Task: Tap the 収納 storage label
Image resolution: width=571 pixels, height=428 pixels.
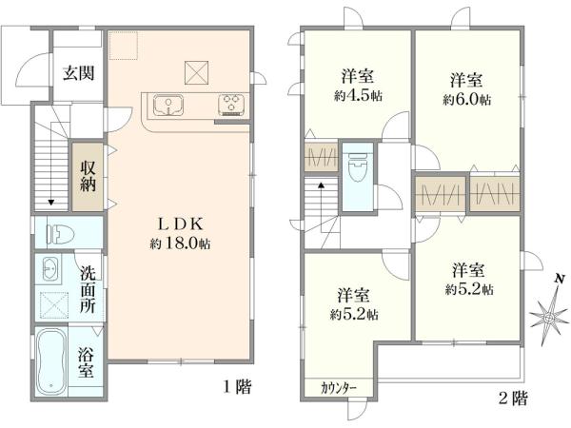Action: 89,176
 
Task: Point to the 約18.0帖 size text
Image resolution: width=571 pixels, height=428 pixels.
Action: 179,243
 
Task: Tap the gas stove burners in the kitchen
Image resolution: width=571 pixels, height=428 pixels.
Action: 231,105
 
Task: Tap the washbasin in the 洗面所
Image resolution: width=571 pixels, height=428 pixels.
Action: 50,269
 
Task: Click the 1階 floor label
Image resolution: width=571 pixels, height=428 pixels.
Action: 239,387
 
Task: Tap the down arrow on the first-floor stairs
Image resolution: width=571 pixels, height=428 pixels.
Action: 49,201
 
